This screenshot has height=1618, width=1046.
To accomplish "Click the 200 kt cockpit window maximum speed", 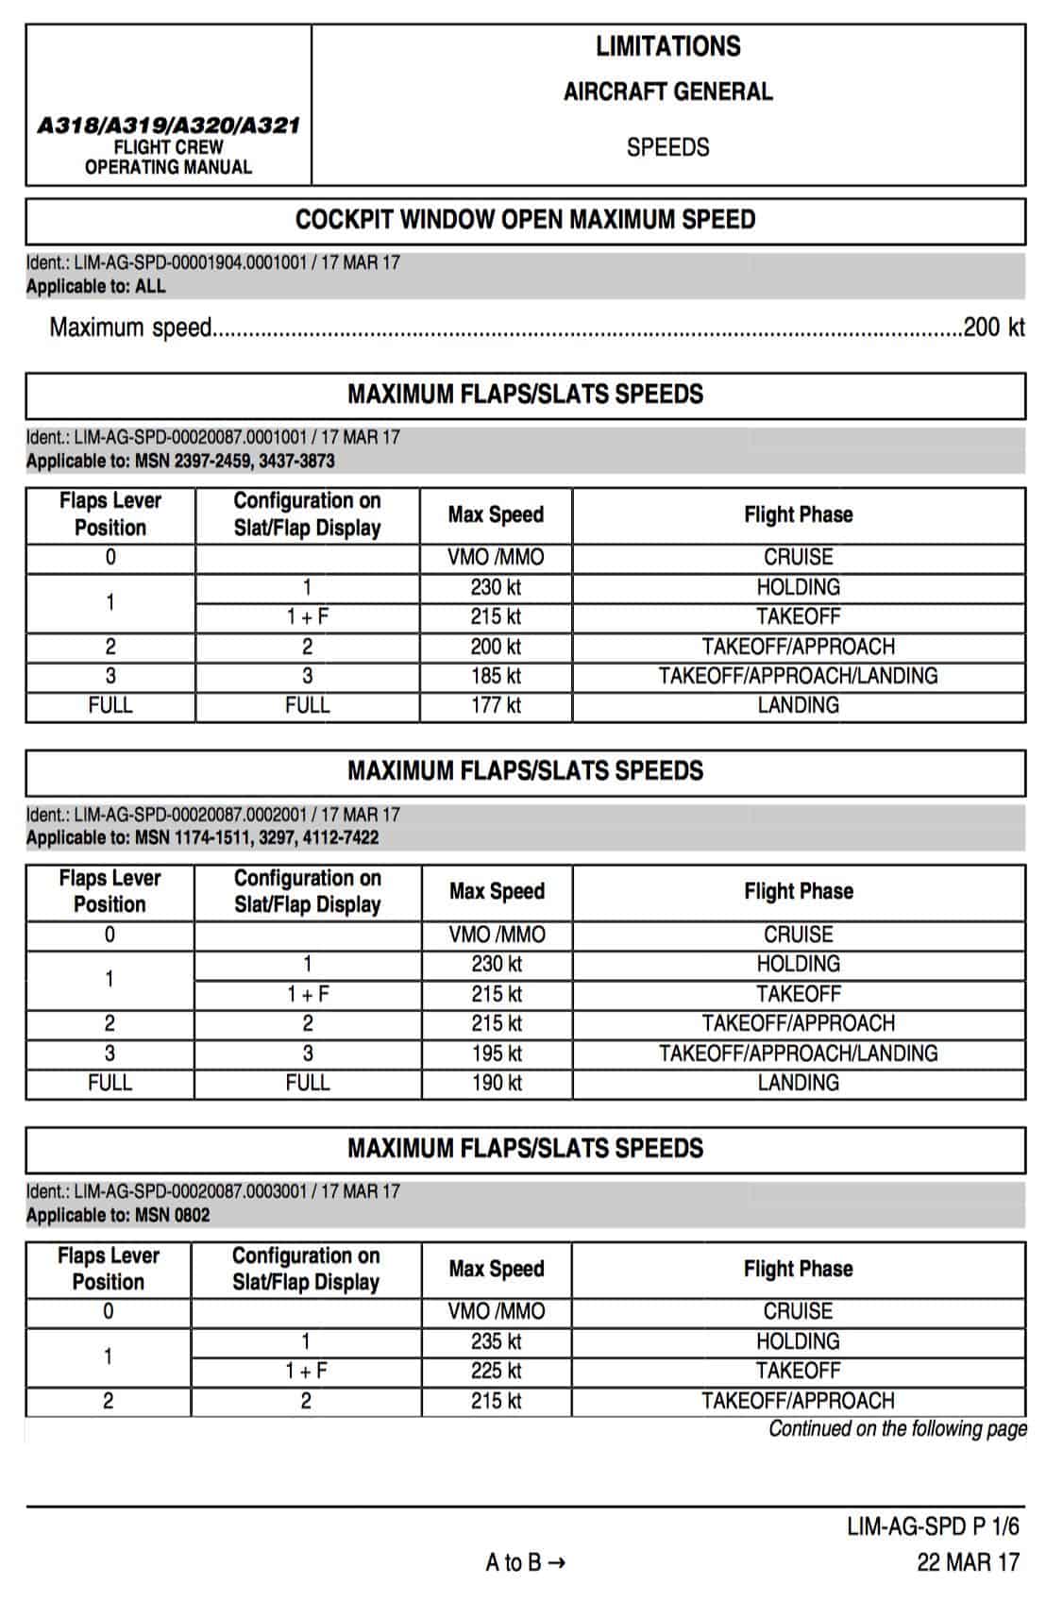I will coord(993,328).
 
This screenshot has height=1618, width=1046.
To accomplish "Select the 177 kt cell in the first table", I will coord(496,705).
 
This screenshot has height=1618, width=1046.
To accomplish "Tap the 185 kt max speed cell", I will coord(496,676).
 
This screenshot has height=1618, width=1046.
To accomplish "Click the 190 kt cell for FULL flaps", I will coord(497,1083).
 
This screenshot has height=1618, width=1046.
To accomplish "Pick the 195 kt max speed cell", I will coord(497,1053).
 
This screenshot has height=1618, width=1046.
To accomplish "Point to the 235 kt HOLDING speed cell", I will coord(496,1341).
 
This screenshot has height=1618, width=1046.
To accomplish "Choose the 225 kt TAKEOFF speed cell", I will coord(496,1371).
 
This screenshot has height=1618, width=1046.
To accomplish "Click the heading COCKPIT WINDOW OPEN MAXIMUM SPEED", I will coord(525,220).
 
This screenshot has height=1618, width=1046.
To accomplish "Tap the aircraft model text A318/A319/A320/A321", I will coord(168,126).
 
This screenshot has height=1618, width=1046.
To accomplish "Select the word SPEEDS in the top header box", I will coord(667,147).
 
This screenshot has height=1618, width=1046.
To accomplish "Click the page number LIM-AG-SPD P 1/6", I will coord(933,1526).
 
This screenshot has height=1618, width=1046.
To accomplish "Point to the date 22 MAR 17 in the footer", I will coord(968,1562).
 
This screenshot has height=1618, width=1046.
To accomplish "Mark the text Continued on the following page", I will coord(897,1428).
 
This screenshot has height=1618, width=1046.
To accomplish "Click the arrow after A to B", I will coord(556,1563).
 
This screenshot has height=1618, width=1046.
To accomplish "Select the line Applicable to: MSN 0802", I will coord(118,1215).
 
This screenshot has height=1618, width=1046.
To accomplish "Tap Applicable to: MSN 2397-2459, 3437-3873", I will coord(180,461).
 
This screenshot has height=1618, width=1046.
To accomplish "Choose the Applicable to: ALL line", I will coord(95,286).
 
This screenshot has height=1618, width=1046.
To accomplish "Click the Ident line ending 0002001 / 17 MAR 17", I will coord(212,814).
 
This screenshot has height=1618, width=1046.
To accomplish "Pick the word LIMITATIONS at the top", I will coord(667,46).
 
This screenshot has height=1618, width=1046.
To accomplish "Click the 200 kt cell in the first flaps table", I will coord(496,647).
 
